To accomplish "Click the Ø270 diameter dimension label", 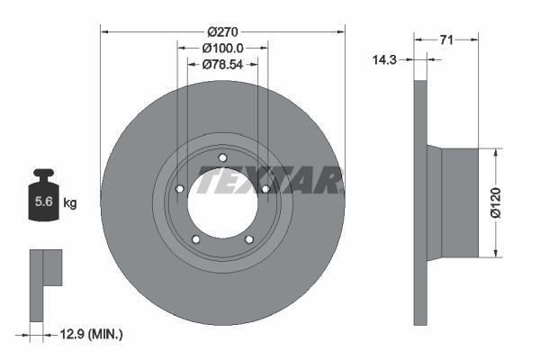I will click(x=222, y=31).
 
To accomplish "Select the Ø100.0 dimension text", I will click(x=222, y=48).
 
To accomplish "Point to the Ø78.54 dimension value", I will click(x=222, y=65).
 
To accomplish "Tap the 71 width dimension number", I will click(x=446, y=40).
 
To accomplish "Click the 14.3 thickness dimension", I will click(x=385, y=59).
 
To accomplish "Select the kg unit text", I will click(x=70, y=203).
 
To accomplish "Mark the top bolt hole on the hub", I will click(x=222, y=158).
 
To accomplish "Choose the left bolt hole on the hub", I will click(x=180, y=189).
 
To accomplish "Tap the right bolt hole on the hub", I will click(x=265, y=189).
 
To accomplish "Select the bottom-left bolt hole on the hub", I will click(x=196, y=238).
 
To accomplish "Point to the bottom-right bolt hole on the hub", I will click(x=248, y=238).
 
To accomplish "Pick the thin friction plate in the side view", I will click(x=418, y=203).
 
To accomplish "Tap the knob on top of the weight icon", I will click(x=42, y=173).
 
